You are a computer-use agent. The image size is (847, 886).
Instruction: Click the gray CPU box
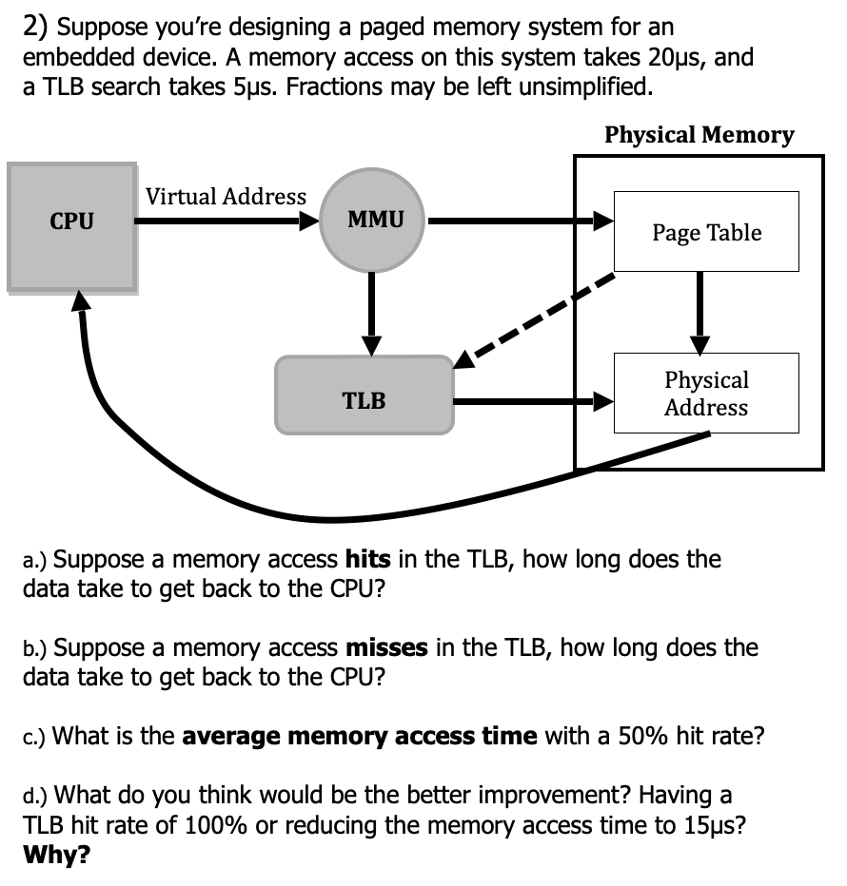pos(71,225)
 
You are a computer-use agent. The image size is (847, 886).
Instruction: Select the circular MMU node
pos(374,221)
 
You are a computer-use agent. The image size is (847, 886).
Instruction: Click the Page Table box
pos(706,232)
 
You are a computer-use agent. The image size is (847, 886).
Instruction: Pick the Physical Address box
pos(706,394)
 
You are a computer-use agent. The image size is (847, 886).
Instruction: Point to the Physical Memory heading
pos(699,134)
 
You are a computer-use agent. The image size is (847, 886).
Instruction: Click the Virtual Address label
pos(226,196)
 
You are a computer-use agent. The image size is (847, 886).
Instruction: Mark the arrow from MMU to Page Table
pos(519,222)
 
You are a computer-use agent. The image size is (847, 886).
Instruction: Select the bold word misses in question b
pos(385,648)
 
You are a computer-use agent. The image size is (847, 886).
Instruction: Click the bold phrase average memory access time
pos(360,737)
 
